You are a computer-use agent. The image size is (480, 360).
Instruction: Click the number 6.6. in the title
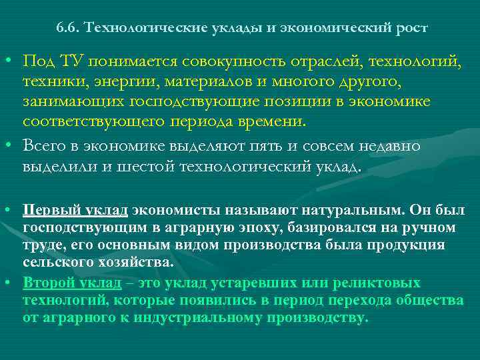click(69, 29)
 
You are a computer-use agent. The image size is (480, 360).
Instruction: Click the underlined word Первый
click(47, 211)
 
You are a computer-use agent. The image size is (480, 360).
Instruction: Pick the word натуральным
click(343, 211)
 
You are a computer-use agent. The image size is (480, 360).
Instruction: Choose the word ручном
click(433, 227)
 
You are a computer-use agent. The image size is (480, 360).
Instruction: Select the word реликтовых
click(381, 283)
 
